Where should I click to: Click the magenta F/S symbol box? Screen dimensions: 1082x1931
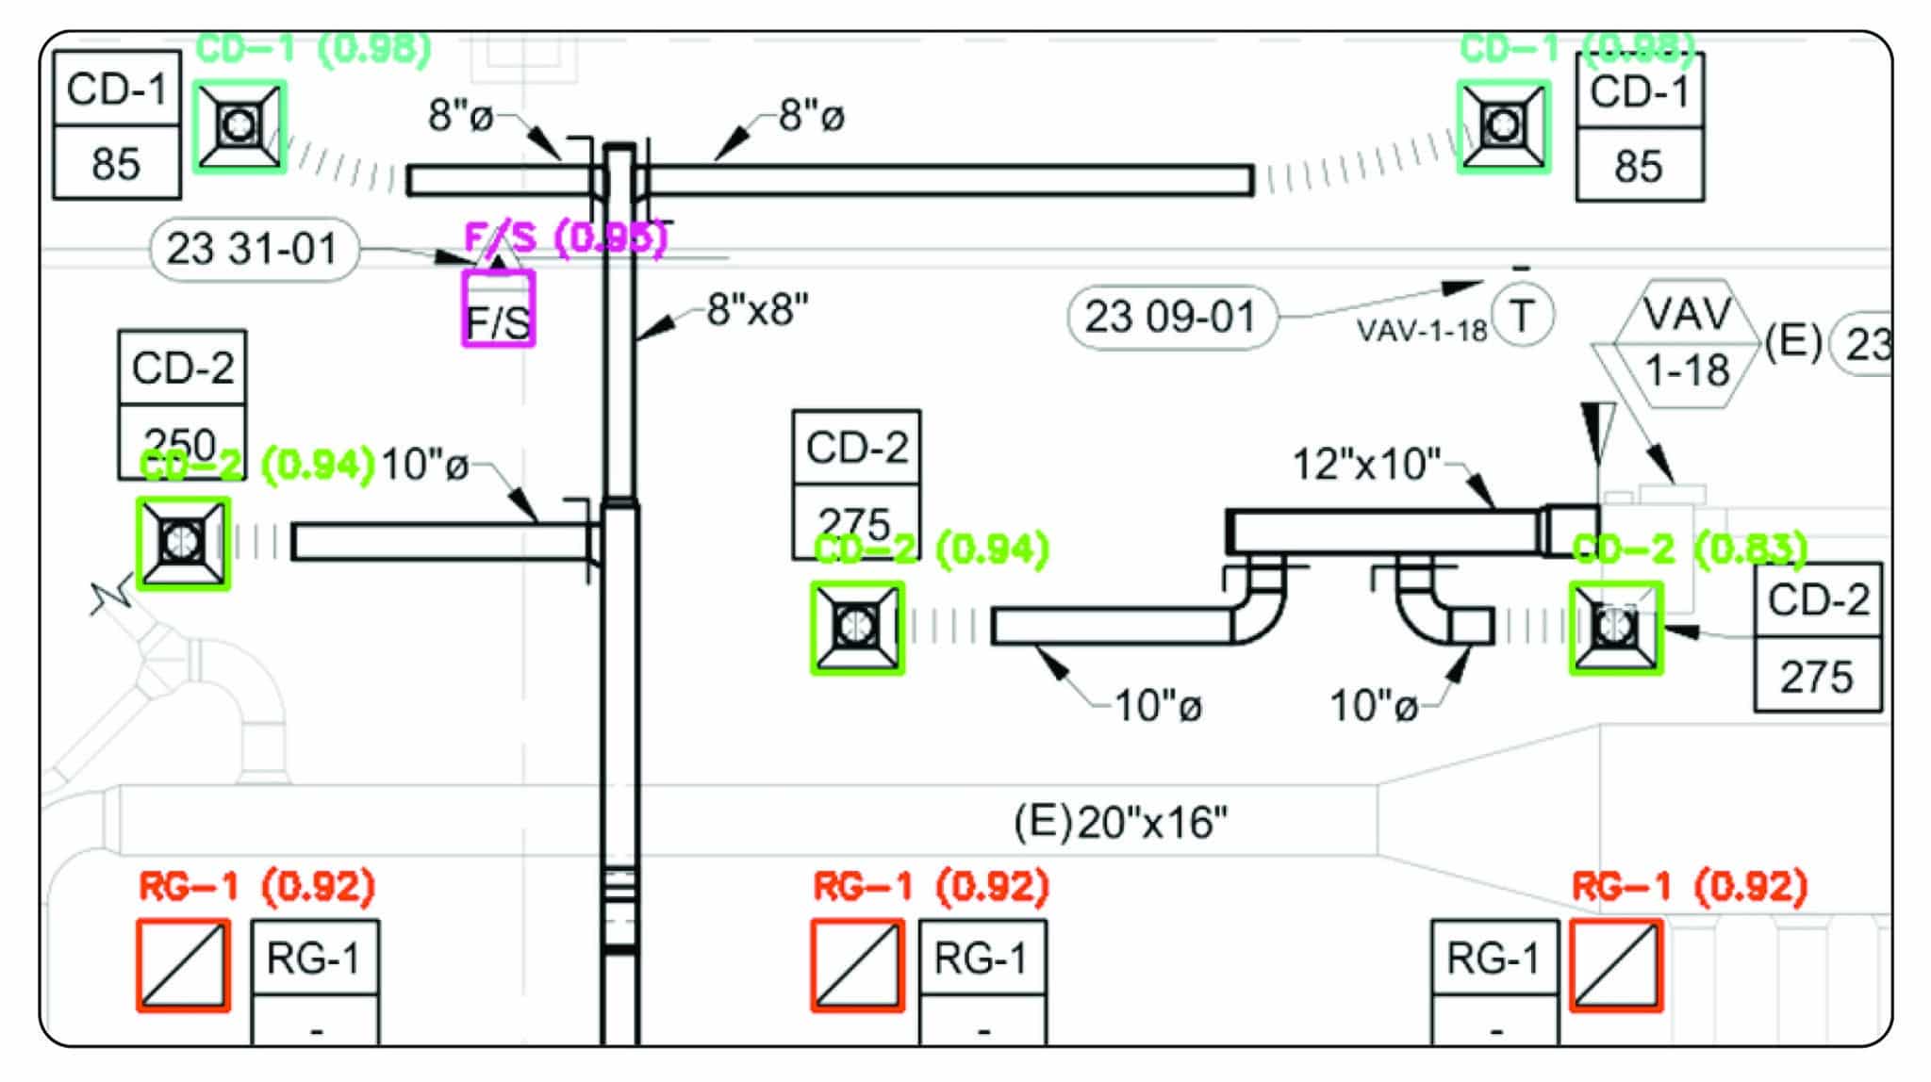coord(499,309)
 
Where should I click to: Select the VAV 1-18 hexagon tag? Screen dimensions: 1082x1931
coord(1687,344)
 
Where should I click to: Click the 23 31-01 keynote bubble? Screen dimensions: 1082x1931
coord(254,250)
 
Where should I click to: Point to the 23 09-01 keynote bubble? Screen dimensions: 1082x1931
coord(1171,317)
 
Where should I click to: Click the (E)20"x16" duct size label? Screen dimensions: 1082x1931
coord(1120,823)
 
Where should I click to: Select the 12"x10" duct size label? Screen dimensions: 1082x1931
coord(1366,465)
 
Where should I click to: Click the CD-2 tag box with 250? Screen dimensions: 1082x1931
coord(182,403)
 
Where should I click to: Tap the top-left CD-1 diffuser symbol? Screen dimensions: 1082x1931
coord(239,126)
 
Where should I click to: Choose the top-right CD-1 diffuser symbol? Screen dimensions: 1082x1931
coord(1503,126)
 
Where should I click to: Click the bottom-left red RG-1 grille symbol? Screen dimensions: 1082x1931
coord(184,965)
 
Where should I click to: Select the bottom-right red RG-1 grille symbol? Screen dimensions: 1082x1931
coord(1616,965)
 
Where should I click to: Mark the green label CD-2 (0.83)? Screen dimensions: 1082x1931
coord(1690,549)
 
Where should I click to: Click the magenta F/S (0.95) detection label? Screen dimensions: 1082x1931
coord(566,238)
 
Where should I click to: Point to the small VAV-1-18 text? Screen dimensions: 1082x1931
coord(1422,331)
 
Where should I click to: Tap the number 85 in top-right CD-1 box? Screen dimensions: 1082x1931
coord(1639,167)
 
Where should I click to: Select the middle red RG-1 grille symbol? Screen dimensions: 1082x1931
coord(857,965)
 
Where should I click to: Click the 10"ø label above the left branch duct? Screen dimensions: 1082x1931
coord(424,465)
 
